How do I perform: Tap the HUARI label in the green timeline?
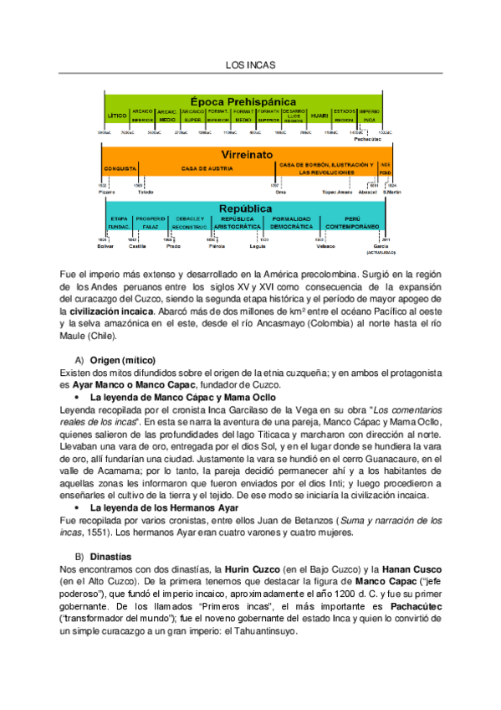[x=319, y=116]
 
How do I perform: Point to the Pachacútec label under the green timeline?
[x=368, y=139]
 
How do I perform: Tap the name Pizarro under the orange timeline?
[x=105, y=192]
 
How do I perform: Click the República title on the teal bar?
[x=244, y=208]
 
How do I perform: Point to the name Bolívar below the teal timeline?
[x=105, y=246]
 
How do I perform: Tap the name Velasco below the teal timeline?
[x=325, y=246]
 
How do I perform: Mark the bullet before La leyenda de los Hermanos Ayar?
[x=77, y=507]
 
